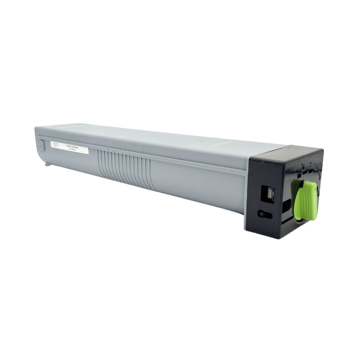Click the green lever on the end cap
click(x=306, y=200)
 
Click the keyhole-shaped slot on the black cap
click(x=265, y=213)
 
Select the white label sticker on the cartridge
click(x=69, y=147)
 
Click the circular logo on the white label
click(x=55, y=145)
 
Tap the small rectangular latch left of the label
click(x=41, y=144)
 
